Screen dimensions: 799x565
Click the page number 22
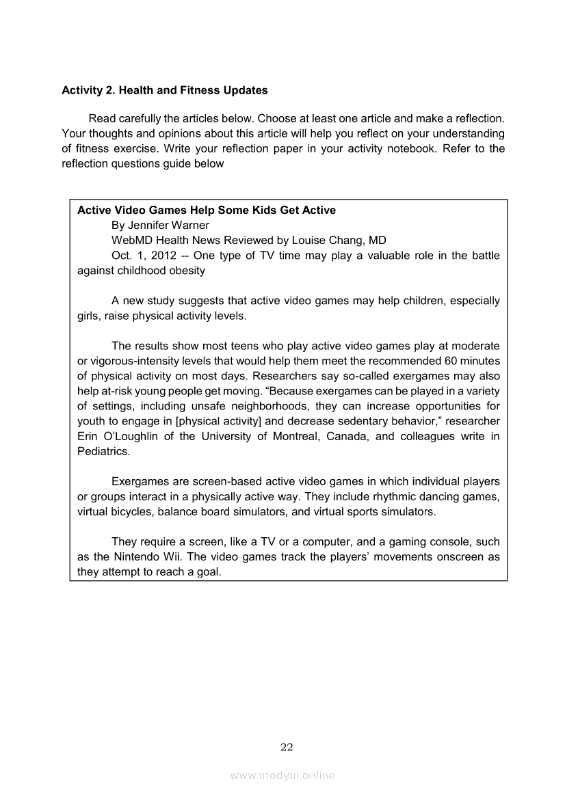[287, 746]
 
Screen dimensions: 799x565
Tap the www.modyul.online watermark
[282, 776]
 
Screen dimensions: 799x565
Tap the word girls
[90, 316]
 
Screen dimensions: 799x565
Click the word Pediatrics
[104, 451]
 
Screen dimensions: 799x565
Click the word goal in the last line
[208, 571]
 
